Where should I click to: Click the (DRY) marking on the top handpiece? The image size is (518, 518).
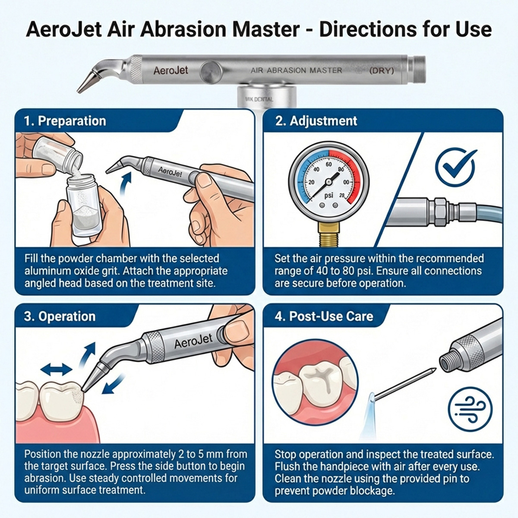382,70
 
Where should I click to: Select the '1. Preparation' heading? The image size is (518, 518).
65,121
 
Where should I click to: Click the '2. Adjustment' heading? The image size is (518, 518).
316,121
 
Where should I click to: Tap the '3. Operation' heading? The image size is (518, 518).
60,316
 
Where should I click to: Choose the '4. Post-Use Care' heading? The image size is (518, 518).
324,316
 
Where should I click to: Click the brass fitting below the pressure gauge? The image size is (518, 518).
329,233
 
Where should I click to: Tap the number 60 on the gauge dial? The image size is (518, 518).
329,164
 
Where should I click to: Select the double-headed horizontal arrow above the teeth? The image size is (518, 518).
56,369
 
